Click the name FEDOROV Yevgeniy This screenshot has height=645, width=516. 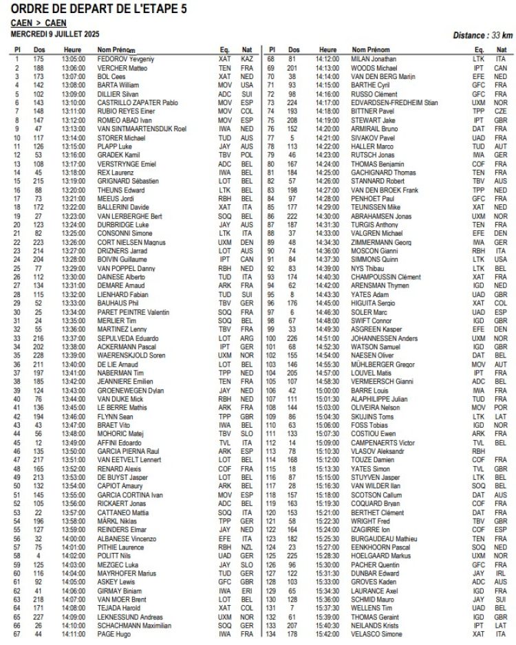[119, 60]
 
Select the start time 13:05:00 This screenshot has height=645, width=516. [72, 60]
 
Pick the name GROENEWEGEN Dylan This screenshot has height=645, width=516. [125, 390]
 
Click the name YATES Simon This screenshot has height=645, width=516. [368, 469]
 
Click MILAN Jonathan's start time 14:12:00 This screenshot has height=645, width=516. [328, 60]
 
